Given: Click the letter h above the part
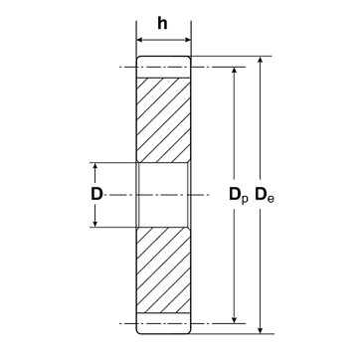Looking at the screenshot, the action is click(x=162, y=23).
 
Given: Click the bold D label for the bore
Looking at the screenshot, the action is click(x=96, y=194).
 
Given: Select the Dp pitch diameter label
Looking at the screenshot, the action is click(x=239, y=195).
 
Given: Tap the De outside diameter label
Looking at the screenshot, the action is click(x=265, y=195).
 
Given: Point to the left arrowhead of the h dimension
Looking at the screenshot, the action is click(x=140, y=40).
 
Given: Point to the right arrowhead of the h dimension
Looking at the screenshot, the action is click(x=188, y=40).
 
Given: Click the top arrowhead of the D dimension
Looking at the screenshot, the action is click(x=95, y=166).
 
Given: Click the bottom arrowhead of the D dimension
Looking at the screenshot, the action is click(x=95, y=224).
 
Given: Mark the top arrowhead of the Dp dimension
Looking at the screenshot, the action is click(x=235, y=71).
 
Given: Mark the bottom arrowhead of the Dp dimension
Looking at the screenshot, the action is click(x=235, y=319).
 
